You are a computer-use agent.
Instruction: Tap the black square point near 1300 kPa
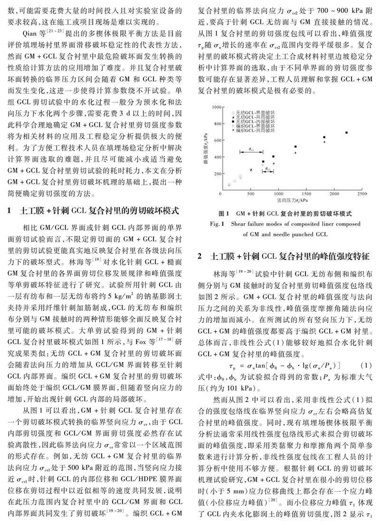295,147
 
